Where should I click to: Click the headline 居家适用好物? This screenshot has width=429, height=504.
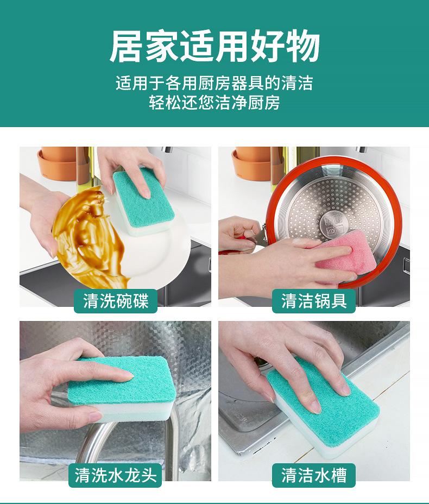214,46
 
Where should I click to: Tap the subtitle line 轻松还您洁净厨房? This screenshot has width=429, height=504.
214,103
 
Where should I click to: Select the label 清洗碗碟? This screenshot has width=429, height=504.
116,301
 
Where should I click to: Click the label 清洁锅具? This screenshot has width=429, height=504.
314,301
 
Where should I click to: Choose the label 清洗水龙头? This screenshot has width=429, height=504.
115,475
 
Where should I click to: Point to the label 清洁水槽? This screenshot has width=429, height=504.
314,475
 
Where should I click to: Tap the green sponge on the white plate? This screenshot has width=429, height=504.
144,201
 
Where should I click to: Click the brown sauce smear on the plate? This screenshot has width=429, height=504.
89,238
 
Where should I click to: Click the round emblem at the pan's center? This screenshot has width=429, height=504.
334,225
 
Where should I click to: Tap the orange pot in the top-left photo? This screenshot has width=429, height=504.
57,163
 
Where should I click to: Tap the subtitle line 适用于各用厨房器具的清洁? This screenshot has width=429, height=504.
214,83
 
